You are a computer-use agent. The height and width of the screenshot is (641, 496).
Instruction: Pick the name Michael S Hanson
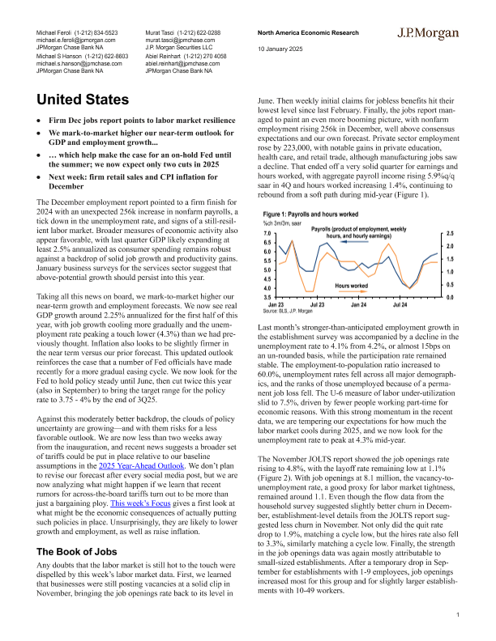(x=62, y=57)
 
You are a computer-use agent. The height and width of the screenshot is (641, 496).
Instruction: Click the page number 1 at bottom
(x=458, y=615)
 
